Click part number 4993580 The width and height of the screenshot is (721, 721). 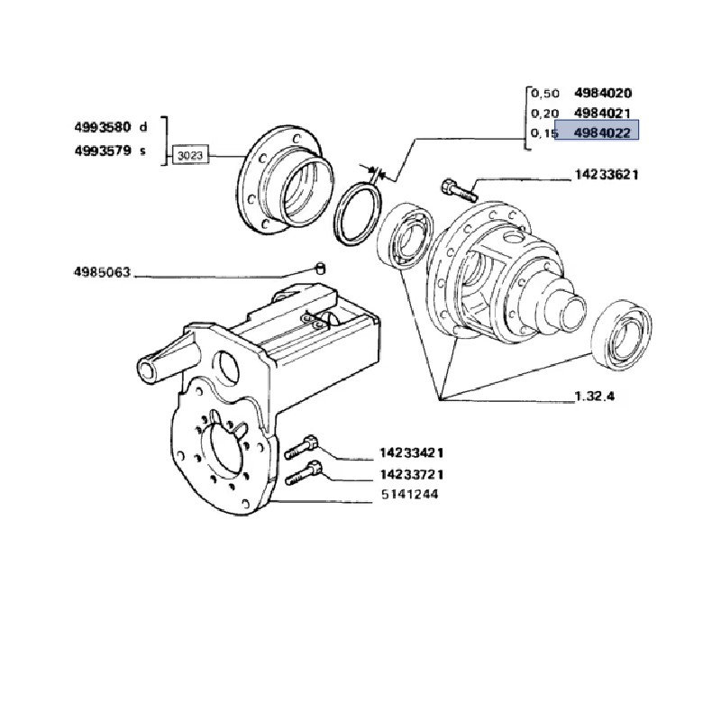(103, 127)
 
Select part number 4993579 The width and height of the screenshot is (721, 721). (103, 151)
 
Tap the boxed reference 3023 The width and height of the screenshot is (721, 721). (190, 155)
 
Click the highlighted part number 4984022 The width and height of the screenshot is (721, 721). (602, 133)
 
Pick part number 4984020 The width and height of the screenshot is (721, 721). (603, 93)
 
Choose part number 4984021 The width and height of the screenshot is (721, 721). (602, 114)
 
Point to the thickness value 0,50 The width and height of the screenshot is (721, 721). (545, 94)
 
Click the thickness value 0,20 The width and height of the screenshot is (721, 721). (545, 114)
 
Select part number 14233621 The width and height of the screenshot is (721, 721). (607, 175)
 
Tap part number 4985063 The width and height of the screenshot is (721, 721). (102, 272)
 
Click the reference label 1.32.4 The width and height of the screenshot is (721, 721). (595, 396)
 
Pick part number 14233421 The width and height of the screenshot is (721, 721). (412, 453)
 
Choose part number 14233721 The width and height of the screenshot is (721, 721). (412, 474)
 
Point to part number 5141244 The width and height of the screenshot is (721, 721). (410, 495)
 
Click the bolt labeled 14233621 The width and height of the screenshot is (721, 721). (459, 190)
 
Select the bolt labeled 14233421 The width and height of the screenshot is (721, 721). (301, 447)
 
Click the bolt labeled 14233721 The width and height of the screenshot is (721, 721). (303, 473)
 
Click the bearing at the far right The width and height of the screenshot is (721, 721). (621, 334)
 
